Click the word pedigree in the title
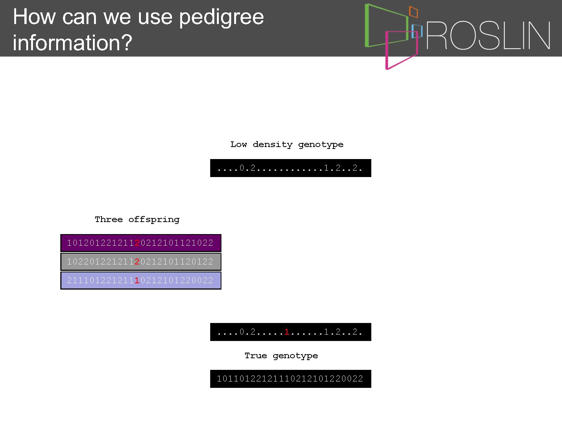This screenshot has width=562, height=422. pyautogui.click(x=221, y=18)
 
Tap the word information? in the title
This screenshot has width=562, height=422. pyautogui.click(x=72, y=42)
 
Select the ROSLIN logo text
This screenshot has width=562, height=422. pyautogui.click(x=488, y=35)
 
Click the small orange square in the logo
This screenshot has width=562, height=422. pyautogui.click(x=413, y=12)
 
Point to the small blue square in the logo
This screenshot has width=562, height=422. pyautogui.click(x=417, y=31)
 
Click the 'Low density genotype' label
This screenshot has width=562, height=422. pyautogui.click(x=287, y=145)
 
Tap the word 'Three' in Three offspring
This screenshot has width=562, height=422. pyautogui.click(x=109, y=219)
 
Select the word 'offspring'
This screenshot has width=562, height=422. pyautogui.click(x=154, y=220)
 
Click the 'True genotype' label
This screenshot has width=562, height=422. pyautogui.click(x=281, y=356)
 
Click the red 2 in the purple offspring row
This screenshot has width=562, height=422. pyautogui.click(x=137, y=243)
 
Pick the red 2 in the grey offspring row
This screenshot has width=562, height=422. pyautogui.click(x=137, y=261)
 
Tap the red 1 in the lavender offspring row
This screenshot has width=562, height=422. pyautogui.click(x=137, y=280)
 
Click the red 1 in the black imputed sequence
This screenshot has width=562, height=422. pyautogui.click(x=287, y=332)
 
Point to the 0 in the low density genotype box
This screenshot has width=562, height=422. pyautogui.click(x=242, y=168)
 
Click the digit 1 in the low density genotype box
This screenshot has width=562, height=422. pyautogui.click(x=326, y=168)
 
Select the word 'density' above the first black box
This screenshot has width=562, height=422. pyautogui.click(x=272, y=145)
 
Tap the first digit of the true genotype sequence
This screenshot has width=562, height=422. pyautogui.click(x=219, y=379)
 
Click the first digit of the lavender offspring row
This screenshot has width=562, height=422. pyautogui.click(x=69, y=280)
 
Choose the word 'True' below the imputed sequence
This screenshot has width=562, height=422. pyautogui.click(x=256, y=356)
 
